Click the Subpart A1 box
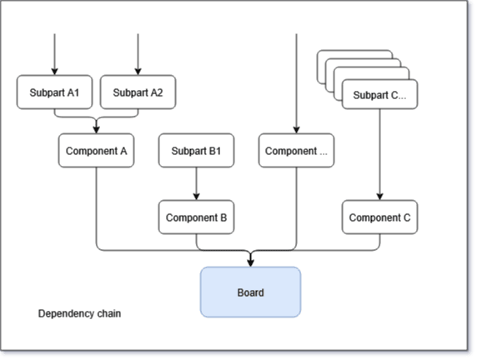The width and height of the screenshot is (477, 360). pos(54,92)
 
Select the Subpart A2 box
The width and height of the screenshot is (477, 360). pos(138,92)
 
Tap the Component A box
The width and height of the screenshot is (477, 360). pos(97,151)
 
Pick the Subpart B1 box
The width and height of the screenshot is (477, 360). pos(196,151)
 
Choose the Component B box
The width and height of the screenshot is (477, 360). pos(196,217)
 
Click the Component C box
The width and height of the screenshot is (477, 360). pos(379,217)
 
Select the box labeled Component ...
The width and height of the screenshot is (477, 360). pos(296,151)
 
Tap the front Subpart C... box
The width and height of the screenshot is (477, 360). pos(379,94)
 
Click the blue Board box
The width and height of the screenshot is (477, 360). pos(251,292)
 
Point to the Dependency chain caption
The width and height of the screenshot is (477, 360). pos(79,313)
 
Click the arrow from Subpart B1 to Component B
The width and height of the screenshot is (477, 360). pos(196,183)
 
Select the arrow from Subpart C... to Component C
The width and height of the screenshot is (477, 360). pos(379,154)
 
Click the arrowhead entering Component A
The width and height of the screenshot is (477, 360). pos(97,130)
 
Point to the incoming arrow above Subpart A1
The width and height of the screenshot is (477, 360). pos(54,54)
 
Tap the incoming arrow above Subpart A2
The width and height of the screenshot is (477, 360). pos(138,54)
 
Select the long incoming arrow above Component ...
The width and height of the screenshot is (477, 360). pos(296,83)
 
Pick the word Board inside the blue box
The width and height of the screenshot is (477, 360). pos(251,292)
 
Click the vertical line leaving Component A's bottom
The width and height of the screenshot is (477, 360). pos(97,207)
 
